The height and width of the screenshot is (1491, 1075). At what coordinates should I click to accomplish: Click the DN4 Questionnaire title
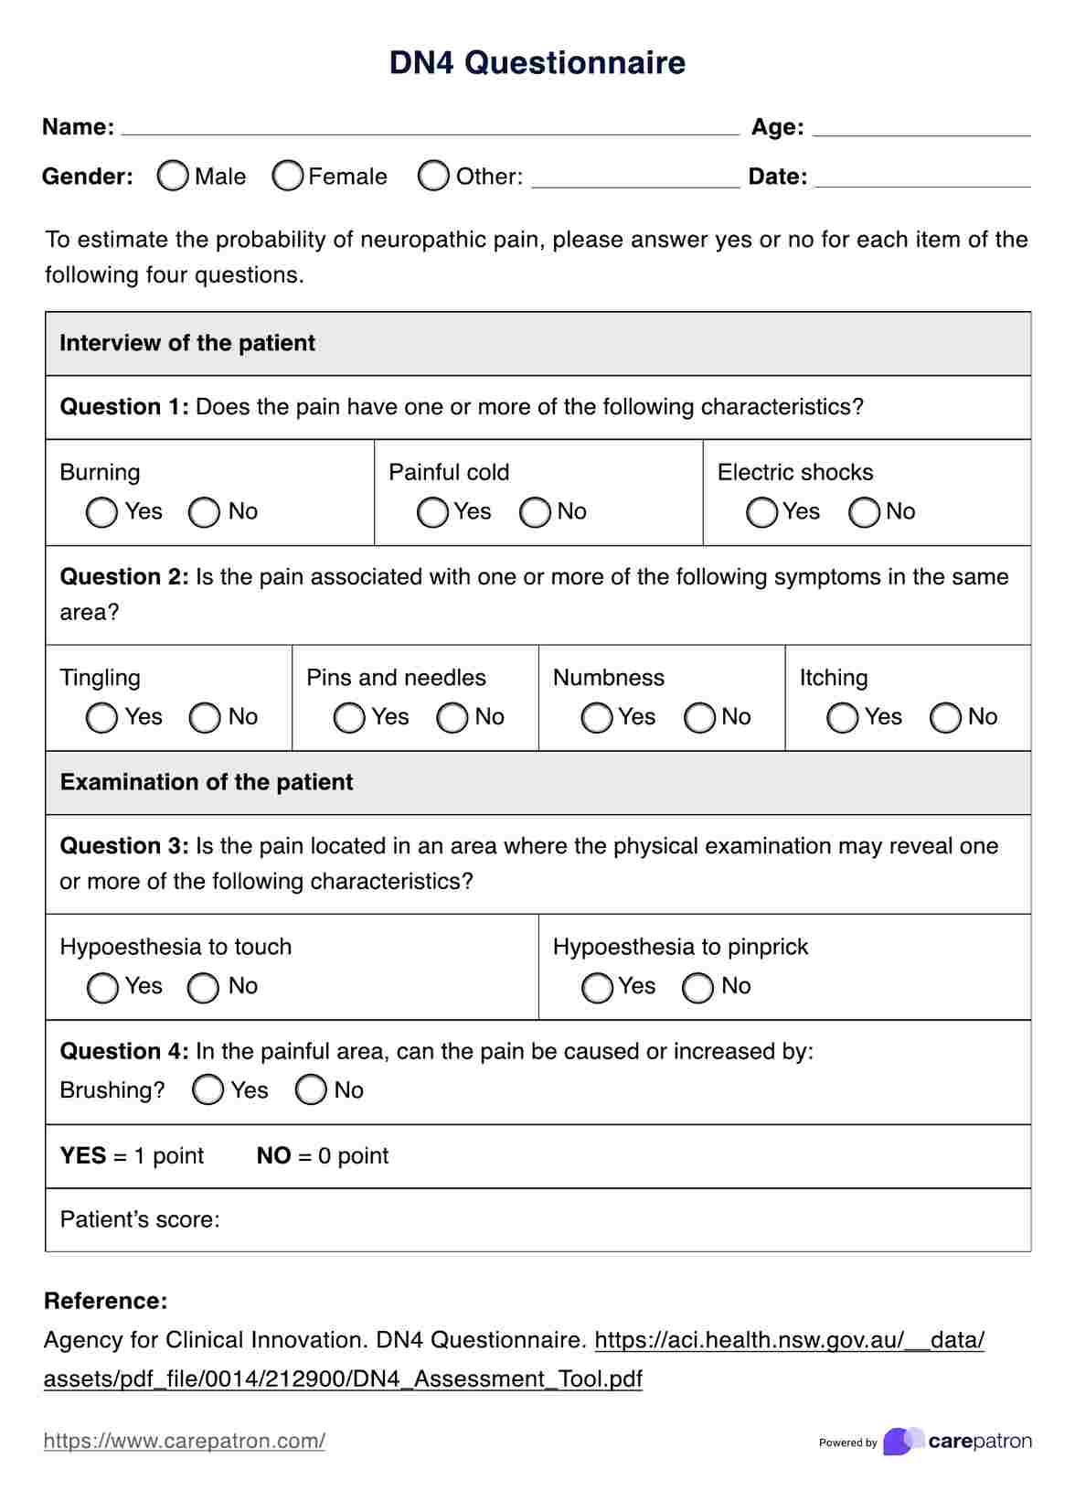[x=537, y=63]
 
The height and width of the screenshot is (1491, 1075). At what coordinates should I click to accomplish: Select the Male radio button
[x=173, y=176]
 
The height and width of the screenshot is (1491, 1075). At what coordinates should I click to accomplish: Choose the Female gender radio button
[x=288, y=176]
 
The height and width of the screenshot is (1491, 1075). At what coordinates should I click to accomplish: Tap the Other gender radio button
[x=433, y=176]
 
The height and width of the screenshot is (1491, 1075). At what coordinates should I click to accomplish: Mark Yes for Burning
[x=102, y=512]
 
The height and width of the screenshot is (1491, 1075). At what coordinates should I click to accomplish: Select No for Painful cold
[x=535, y=512]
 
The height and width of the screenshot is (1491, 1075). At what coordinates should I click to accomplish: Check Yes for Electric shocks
[x=761, y=512]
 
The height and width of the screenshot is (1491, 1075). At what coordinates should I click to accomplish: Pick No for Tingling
[x=205, y=718]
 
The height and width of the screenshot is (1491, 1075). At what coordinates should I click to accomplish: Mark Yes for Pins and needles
[x=349, y=718]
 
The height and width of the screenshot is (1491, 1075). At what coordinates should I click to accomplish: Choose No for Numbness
[x=699, y=718]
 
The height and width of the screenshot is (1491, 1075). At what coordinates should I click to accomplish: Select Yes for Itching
[x=843, y=718]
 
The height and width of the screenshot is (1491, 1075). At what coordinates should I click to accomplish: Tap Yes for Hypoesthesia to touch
[x=102, y=987]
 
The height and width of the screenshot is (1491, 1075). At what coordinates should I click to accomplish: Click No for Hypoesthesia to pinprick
[x=698, y=987]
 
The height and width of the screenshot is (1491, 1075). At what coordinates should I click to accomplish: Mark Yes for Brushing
[x=208, y=1089]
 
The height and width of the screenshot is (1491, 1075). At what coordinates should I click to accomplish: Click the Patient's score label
[x=140, y=1219]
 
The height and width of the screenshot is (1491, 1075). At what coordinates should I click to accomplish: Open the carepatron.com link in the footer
[x=185, y=1441]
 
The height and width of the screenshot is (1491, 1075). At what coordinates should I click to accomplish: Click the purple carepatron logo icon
[x=901, y=1441]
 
